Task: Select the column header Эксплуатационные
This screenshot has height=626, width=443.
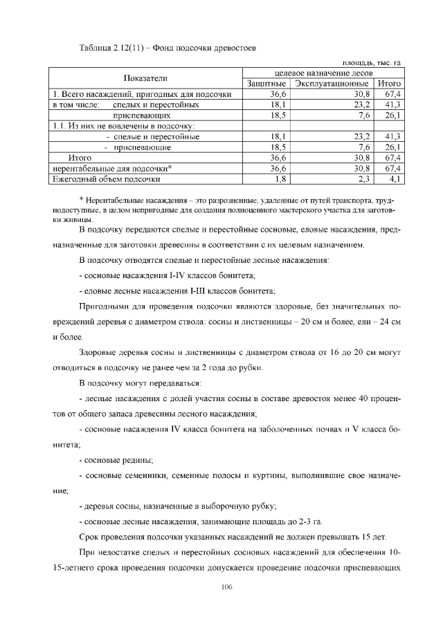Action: click(331, 84)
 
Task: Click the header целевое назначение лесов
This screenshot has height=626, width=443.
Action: click(323, 73)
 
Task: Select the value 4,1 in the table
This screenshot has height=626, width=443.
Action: click(396, 179)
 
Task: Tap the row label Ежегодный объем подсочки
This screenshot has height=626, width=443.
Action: click(102, 179)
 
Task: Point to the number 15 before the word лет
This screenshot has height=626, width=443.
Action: click(375, 536)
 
